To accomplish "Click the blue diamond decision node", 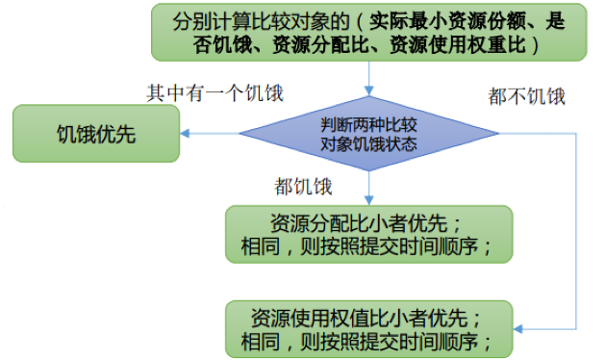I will [x=368, y=134].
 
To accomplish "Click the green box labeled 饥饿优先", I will [x=95, y=133].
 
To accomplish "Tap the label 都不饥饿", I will [x=526, y=96].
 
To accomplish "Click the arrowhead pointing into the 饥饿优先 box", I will [x=186, y=134].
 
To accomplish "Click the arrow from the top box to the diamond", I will [x=368, y=77].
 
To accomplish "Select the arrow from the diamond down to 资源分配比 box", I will [x=368, y=188].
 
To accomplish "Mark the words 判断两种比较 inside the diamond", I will [x=368, y=123].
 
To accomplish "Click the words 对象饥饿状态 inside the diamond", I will [x=368, y=144].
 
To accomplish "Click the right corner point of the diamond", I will [x=498, y=134].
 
